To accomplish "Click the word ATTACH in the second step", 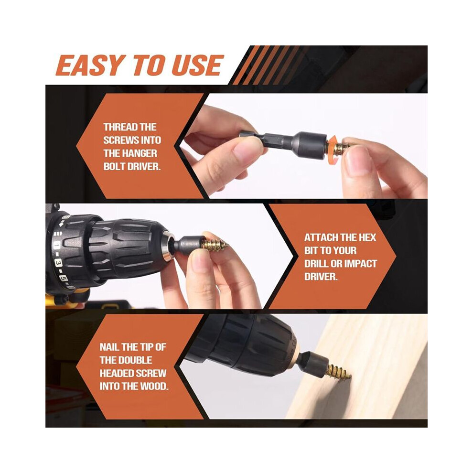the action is click(x=321, y=237).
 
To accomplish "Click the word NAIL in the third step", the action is click(x=109, y=347).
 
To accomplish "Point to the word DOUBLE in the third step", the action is click(x=135, y=360).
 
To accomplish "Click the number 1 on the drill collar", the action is click(x=56, y=245).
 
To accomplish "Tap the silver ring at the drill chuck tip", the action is click(x=167, y=246).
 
